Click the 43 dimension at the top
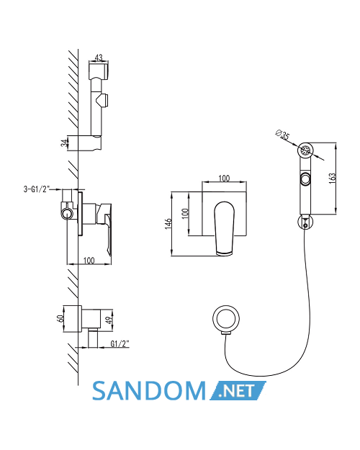click(x=99, y=58)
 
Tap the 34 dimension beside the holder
click(x=64, y=143)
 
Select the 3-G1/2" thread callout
click(x=37, y=189)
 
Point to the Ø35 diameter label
click(x=282, y=135)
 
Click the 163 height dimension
click(x=332, y=179)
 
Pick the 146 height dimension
click(x=168, y=224)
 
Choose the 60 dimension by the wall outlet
click(x=60, y=318)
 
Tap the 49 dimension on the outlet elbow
click(x=109, y=319)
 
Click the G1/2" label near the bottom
click(x=120, y=343)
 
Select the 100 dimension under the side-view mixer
click(x=89, y=261)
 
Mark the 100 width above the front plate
click(x=224, y=179)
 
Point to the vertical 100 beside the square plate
click(x=186, y=213)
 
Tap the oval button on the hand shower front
click(x=305, y=179)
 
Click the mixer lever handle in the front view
click(x=224, y=228)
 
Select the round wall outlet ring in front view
click(x=226, y=319)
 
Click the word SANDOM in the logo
click(x=149, y=391)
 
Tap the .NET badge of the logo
click(x=238, y=390)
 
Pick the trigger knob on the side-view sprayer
click(x=103, y=100)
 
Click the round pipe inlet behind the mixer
click(x=67, y=215)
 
